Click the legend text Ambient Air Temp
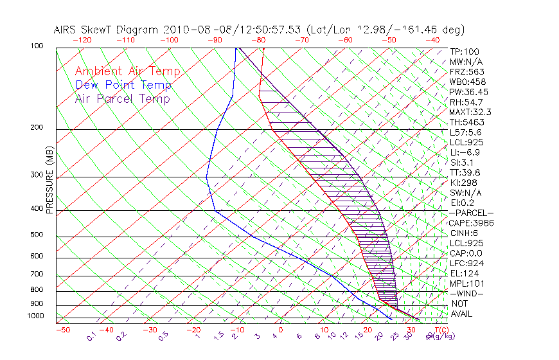(x=127, y=72)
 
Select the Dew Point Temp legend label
(x=123, y=85)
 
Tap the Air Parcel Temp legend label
(x=122, y=99)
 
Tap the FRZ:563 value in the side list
(x=467, y=72)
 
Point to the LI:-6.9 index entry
(x=465, y=152)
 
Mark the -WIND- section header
(x=467, y=294)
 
